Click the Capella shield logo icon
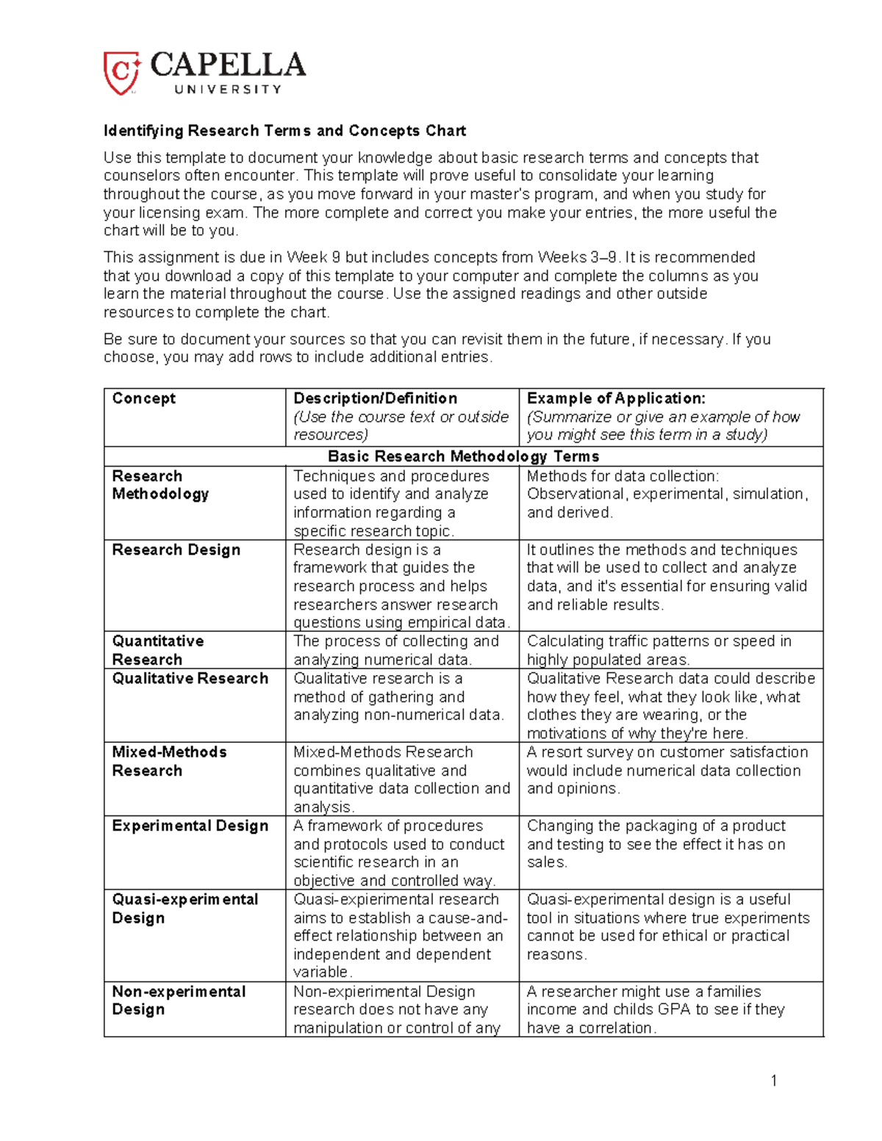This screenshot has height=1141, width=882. [x=121, y=73]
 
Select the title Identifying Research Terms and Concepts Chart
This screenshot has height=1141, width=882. [x=284, y=131]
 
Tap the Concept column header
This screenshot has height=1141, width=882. [x=143, y=398]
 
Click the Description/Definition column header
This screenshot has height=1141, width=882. [x=375, y=398]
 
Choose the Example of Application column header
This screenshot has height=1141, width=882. [x=616, y=398]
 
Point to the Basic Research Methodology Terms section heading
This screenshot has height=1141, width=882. [x=463, y=456]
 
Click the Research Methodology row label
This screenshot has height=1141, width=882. [x=160, y=485]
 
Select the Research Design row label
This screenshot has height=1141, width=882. [x=176, y=550]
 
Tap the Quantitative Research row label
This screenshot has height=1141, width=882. [x=157, y=650]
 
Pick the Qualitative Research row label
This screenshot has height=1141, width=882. [x=190, y=678]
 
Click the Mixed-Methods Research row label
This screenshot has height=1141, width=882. [x=169, y=761]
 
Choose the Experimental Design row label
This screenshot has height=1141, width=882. [x=190, y=826]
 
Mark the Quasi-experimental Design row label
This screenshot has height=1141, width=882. [x=184, y=908]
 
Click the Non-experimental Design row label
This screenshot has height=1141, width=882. [x=179, y=1000]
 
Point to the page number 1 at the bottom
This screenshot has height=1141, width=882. [x=773, y=1080]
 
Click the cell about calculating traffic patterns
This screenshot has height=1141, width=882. [x=659, y=650]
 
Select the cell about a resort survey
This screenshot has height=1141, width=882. [x=667, y=770]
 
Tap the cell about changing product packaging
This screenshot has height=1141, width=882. [x=656, y=843]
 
